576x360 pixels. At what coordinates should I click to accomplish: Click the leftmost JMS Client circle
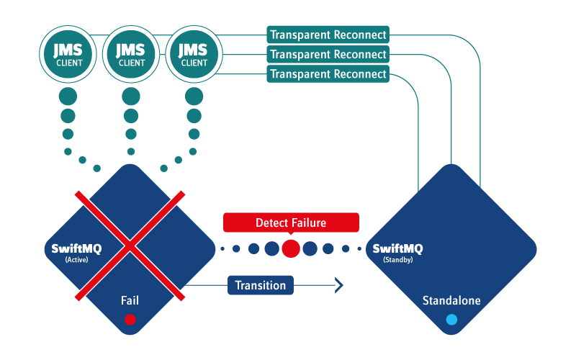pos(68,55)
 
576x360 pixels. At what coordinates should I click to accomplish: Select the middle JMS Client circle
pos(131,55)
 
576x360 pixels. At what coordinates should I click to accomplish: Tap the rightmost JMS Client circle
pos(194,55)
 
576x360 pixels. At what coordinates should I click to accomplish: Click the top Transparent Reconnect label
pos(328,35)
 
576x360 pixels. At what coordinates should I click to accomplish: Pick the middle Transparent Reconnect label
pos(328,54)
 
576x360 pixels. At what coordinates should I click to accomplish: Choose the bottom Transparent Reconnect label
pos(328,73)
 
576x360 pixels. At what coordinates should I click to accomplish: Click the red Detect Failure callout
pos(291,223)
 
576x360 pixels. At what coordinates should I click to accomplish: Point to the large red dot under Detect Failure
pos(291,249)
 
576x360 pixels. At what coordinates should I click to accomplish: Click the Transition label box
pos(261,285)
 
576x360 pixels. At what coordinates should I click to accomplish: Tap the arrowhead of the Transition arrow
pos(338,285)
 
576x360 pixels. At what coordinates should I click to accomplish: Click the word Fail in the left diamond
pos(130,300)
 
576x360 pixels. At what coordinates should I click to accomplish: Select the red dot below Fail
pos(130,319)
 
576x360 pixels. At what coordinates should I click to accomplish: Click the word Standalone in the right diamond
pos(451,300)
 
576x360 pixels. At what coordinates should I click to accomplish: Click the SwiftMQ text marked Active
pos(76,248)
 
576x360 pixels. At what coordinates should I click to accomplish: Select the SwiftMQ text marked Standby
pos(397,248)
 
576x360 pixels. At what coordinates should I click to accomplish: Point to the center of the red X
pos(130,248)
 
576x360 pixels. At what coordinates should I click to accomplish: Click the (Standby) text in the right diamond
pos(397,259)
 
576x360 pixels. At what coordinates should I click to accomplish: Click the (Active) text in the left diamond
pos(76,259)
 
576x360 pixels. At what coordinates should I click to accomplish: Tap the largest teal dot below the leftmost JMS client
pos(68,96)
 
